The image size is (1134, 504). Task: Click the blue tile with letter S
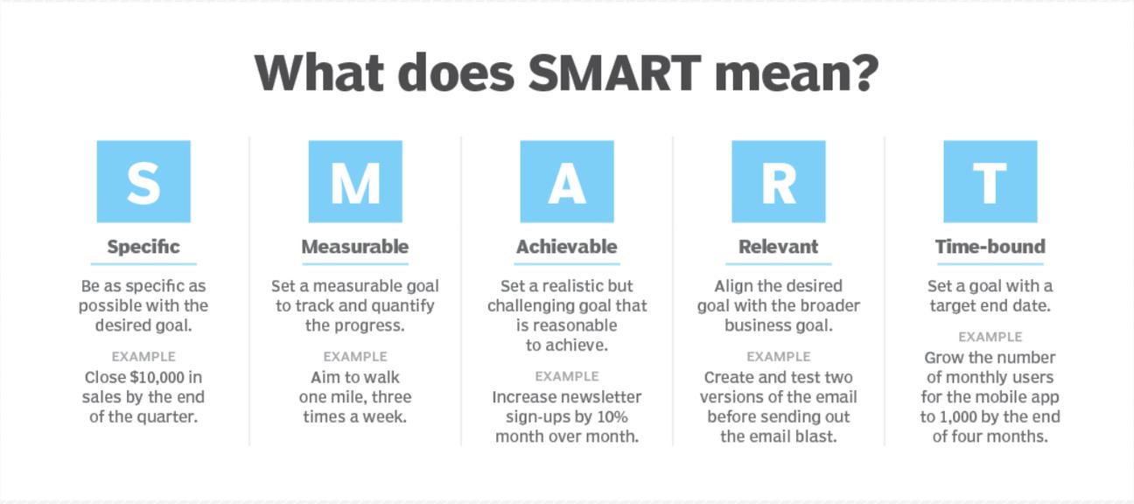(x=143, y=182)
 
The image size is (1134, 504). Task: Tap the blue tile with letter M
(x=355, y=182)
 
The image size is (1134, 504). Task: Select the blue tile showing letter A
(x=567, y=182)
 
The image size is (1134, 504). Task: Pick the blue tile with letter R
(x=779, y=182)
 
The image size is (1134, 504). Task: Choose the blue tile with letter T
(x=990, y=182)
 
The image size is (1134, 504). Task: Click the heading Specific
(x=143, y=247)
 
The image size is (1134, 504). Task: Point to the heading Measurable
(x=355, y=247)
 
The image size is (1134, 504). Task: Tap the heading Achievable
(x=567, y=247)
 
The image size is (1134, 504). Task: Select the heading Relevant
(x=779, y=247)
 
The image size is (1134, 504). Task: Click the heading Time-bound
(x=990, y=247)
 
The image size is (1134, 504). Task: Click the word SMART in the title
(x=614, y=73)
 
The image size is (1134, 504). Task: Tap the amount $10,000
(x=157, y=378)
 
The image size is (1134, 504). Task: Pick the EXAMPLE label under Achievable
(x=567, y=376)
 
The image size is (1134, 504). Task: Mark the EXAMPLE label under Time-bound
(x=990, y=337)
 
